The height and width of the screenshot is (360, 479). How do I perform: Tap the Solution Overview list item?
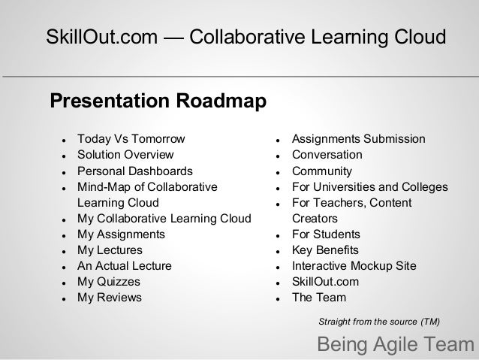(x=125, y=155)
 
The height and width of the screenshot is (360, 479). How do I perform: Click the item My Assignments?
(x=121, y=234)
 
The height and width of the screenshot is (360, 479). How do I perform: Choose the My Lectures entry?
(x=110, y=250)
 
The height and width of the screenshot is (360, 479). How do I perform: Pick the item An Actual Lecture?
(x=125, y=265)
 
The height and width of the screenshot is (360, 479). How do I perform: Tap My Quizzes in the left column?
(x=109, y=281)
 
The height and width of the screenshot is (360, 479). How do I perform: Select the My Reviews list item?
(x=109, y=297)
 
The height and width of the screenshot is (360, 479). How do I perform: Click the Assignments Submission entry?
(x=358, y=139)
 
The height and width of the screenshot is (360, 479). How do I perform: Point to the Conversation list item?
(x=327, y=155)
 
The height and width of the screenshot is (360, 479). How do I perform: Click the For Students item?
(x=326, y=234)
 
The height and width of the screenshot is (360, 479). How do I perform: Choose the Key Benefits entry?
(x=325, y=250)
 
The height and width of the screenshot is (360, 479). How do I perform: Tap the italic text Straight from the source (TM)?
(x=379, y=322)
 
